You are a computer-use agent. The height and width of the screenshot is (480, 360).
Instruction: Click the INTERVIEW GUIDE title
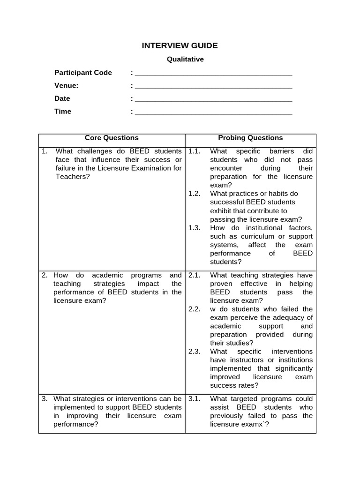180,45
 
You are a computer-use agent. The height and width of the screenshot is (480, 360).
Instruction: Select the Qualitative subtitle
186,60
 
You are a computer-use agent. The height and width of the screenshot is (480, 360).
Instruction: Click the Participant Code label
83,73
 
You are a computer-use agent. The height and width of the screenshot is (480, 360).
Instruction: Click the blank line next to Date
213,100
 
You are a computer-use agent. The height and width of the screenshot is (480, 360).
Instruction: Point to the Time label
63,112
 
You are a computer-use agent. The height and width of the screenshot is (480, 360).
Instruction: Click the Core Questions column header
112,138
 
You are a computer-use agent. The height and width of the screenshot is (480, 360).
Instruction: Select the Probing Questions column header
250,138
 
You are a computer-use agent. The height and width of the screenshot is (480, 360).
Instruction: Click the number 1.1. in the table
194,151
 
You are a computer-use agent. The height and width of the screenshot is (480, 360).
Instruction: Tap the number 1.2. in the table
194,194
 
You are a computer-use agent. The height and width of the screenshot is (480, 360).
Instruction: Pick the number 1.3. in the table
194,228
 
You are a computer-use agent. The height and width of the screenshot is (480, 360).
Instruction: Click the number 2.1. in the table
194,275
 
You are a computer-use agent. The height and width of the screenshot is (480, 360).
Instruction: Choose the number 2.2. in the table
194,309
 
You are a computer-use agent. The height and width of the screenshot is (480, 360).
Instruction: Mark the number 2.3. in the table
194,352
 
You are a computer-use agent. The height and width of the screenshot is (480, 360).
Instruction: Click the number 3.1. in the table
194,399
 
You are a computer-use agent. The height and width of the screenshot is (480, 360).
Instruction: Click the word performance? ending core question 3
75,424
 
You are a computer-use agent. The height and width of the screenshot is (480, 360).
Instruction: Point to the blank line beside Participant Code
213,74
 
